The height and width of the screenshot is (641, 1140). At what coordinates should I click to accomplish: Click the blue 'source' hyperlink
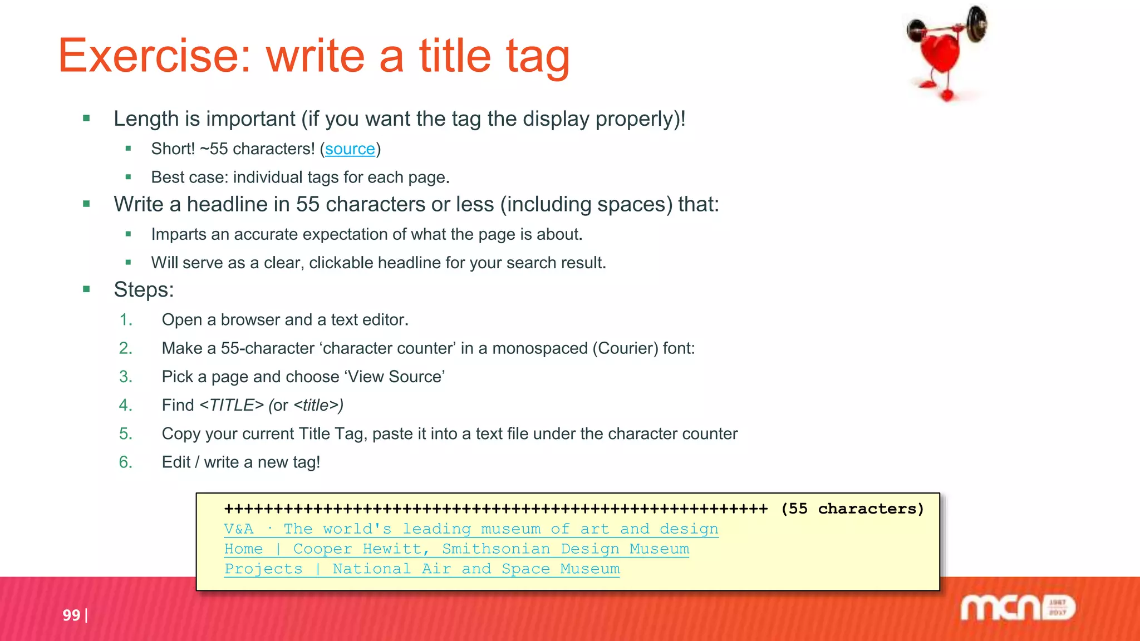[350, 149]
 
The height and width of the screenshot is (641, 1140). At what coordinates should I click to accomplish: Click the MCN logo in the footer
[1018, 608]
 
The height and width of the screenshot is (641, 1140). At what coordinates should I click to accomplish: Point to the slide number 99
[71, 615]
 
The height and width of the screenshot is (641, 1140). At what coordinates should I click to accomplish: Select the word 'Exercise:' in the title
[155, 56]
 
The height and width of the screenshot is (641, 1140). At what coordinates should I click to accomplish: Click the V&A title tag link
[470, 529]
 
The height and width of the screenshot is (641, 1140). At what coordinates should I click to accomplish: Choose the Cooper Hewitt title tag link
[456, 549]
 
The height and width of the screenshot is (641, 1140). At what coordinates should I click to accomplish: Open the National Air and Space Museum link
[421, 569]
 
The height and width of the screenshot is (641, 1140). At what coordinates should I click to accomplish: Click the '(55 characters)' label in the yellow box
[852, 509]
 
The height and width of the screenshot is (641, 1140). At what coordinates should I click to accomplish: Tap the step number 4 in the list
[126, 405]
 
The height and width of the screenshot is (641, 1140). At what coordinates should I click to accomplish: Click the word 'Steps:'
[144, 290]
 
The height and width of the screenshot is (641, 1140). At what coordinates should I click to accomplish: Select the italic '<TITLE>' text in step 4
[232, 405]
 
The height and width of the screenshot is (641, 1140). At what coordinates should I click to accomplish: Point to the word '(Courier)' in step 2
[625, 348]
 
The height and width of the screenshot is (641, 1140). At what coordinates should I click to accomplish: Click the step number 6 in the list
[126, 462]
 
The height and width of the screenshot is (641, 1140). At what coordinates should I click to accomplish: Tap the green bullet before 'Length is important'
[86, 118]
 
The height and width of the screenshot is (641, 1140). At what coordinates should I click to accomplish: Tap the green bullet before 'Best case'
[128, 177]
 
